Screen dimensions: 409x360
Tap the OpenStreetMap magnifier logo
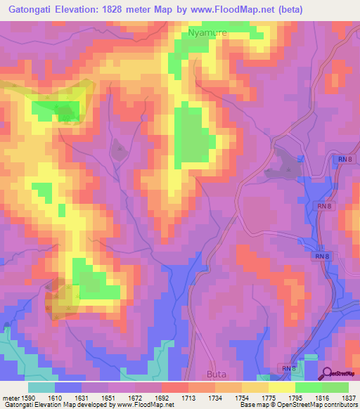(328, 374)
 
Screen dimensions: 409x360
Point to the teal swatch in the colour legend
(41, 387)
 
